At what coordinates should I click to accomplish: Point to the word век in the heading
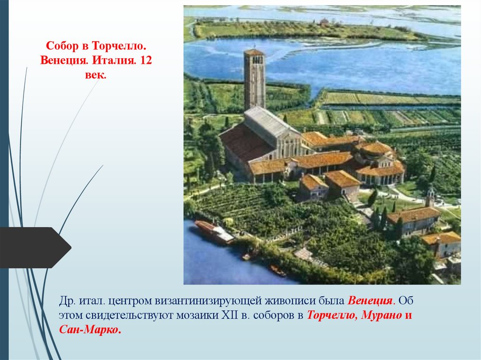point(96,75)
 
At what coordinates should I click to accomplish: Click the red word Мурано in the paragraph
point(381,315)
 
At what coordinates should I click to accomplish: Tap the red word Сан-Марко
point(90,329)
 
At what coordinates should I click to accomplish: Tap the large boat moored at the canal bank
point(214,232)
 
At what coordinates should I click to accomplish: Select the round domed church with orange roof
point(379,162)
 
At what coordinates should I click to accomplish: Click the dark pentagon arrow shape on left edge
point(33,247)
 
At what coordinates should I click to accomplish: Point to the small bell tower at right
point(430,196)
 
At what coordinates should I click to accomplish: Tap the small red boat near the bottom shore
point(277,270)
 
